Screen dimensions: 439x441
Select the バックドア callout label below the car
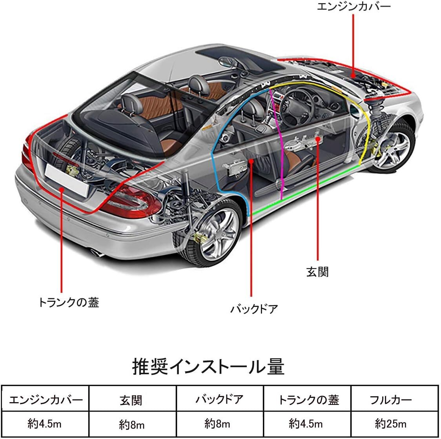point(254,309)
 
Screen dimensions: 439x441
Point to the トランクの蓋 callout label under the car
point(68,302)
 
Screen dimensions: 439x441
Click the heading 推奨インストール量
point(208,366)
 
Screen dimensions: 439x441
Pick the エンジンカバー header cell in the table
point(46,400)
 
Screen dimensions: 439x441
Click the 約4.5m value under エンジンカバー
point(46,423)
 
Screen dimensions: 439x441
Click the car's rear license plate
point(67,178)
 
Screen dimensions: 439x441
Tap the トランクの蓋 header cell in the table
point(308,400)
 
